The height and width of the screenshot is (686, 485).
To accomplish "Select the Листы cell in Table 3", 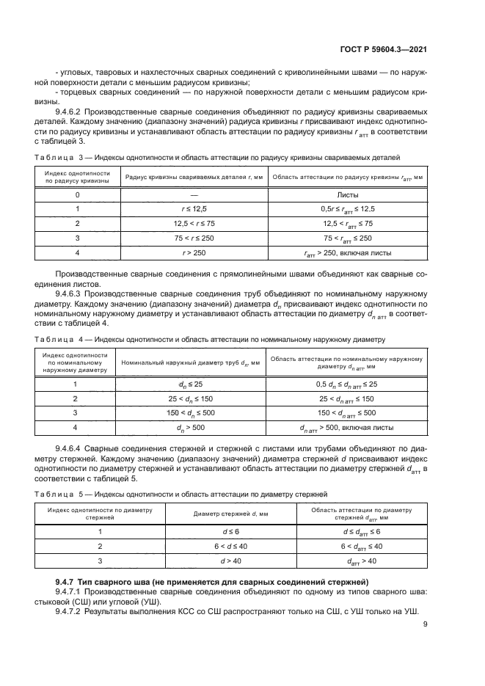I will pos(347,194).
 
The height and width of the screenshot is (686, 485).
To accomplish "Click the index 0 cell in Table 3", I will pos(77,194).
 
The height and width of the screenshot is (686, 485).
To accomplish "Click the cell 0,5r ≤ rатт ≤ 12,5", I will pos(347,209).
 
